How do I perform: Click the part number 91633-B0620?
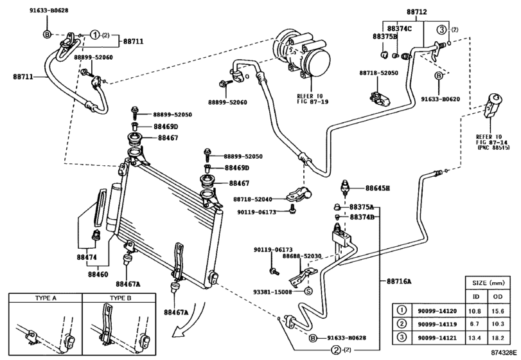(x=440, y=99)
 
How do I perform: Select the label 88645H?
(x=378, y=188)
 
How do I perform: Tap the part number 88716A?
(x=399, y=282)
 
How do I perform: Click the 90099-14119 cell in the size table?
(x=437, y=324)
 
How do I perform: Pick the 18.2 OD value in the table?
(x=497, y=337)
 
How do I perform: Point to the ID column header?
(x=476, y=296)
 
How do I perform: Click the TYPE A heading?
(x=46, y=298)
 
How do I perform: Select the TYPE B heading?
(x=121, y=298)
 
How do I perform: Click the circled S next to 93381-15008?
(x=308, y=291)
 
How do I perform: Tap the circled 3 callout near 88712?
(x=441, y=30)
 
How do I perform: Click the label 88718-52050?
(x=378, y=73)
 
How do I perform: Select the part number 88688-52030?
(x=302, y=256)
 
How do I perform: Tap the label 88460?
(x=98, y=274)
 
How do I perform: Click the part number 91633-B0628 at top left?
(x=49, y=10)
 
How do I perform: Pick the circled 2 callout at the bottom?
(x=336, y=350)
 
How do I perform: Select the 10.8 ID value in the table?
(x=476, y=311)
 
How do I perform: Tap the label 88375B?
(x=385, y=37)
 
